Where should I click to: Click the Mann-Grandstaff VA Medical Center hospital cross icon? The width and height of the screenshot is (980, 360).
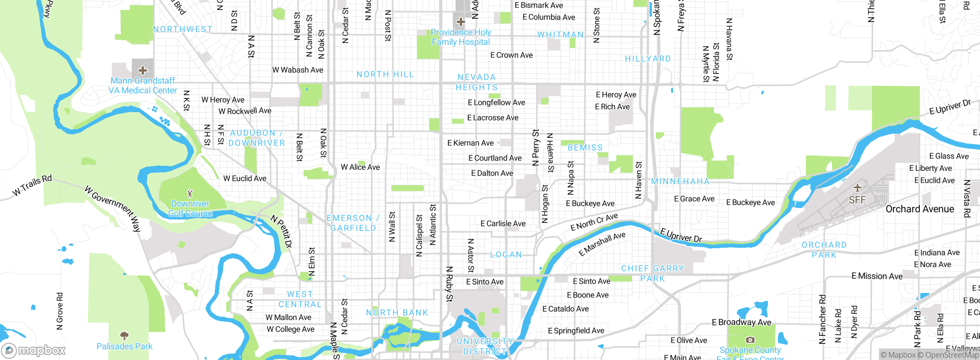[x=143, y=70]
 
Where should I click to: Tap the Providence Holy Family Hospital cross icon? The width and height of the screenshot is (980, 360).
[x=461, y=22]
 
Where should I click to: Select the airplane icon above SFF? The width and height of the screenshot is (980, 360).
[x=857, y=188]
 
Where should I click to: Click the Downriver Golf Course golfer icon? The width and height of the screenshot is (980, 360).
[x=190, y=193]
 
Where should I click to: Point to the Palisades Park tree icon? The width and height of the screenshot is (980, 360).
[x=124, y=336]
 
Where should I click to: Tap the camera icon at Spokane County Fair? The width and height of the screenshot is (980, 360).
[x=750, y=340]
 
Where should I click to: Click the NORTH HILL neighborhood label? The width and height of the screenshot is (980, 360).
[x=385, y=74]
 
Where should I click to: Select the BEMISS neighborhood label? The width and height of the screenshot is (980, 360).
[x=585, y=147]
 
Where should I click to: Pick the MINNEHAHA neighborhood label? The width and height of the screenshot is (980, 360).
[x=680, y=181]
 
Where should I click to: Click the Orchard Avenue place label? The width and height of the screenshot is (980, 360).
[x=920, y=209]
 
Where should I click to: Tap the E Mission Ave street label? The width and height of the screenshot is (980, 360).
[x=877, y=276]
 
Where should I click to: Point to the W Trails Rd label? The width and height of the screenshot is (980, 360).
[x=32, y=185]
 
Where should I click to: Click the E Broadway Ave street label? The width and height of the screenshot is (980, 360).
[x=742, y=322]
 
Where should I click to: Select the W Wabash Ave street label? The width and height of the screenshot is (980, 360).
[x=297, y=70]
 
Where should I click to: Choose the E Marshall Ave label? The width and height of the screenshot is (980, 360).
[x=602, y=244]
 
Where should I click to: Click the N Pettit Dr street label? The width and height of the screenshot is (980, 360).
[x=281, y=231]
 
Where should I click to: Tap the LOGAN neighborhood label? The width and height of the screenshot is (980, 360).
[x=506, y=255]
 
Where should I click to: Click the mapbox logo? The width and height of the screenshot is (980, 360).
[x=34, y=350]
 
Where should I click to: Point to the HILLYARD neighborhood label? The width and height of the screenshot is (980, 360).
[x=648, y=59]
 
